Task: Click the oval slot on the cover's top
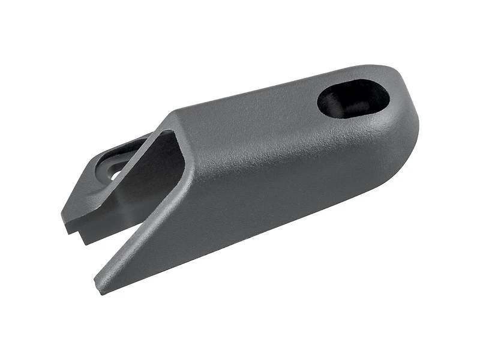(353, 98)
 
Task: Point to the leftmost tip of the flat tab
(62, 215)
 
